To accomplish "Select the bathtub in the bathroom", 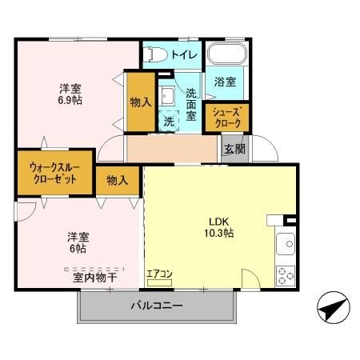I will point(229,57).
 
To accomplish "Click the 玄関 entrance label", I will point(234,148).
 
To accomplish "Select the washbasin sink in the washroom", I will point(167,97).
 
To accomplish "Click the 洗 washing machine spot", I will point(169,122).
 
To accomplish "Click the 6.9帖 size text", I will point(69,101).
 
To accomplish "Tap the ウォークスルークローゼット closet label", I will point(54,174).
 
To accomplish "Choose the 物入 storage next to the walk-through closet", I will point(117,179).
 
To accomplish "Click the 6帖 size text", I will point(77,248).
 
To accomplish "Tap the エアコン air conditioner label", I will point(159,274).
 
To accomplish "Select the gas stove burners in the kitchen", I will point(286,274).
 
